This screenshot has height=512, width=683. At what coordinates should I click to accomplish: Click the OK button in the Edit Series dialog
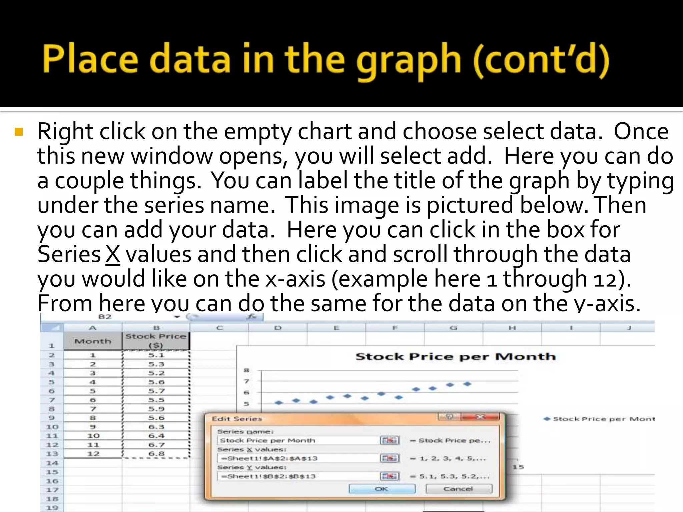382,489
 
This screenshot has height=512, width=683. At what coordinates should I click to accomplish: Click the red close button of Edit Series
480,417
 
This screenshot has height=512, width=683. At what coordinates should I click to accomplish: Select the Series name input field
298,440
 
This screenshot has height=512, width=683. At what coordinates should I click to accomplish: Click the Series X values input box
298,458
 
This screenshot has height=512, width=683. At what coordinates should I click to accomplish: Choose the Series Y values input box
298,476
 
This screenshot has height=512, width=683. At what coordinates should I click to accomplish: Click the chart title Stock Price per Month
456,357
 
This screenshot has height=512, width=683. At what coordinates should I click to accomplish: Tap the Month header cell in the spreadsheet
93,341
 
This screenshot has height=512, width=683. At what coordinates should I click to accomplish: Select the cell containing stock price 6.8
156,454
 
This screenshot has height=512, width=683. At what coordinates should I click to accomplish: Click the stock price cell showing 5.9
156,409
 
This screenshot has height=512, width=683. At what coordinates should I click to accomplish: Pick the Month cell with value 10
93,436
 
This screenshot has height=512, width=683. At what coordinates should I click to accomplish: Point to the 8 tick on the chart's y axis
246,370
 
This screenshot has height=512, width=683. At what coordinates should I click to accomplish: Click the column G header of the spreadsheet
453,328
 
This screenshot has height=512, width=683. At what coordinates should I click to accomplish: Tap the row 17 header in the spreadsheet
52,490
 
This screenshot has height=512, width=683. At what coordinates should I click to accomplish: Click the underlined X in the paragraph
113,255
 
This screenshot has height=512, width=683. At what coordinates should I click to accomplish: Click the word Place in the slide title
90,59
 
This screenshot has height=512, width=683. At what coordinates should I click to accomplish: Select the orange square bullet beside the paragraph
19,132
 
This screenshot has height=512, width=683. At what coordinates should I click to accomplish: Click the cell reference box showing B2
105,317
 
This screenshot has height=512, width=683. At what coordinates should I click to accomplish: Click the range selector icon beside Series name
390,440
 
